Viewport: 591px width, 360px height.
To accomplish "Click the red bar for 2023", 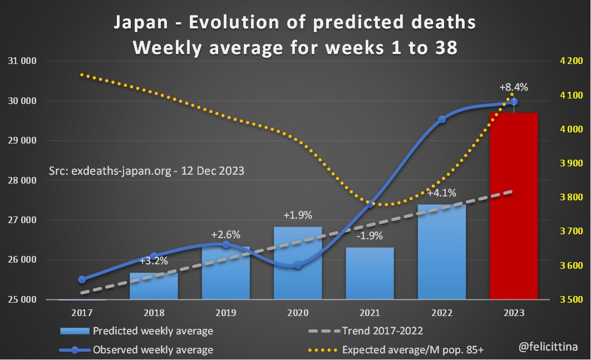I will click(x=514, y=206).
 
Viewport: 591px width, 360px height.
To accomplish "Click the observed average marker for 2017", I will click(x=82, y=279).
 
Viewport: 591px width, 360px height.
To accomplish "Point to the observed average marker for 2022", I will click(x=442, y=119).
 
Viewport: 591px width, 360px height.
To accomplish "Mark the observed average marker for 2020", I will click(x=298, y=265).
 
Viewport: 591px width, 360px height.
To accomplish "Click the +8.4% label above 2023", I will click(x=513, y=87).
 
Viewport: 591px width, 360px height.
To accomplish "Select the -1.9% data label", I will click(x=368, y=235).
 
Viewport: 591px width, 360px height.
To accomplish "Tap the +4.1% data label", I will click(x=442, y=194).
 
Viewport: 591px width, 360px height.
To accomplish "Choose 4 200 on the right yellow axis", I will click(x=567, y=61).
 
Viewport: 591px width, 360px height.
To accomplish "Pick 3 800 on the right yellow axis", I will click(x=567, y=197).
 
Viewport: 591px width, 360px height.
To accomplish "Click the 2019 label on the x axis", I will click(x=225, y=313).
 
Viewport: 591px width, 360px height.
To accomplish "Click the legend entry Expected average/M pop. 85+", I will click(x=412, y=349).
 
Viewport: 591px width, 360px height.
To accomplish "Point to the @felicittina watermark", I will click(x=546, y=346).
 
